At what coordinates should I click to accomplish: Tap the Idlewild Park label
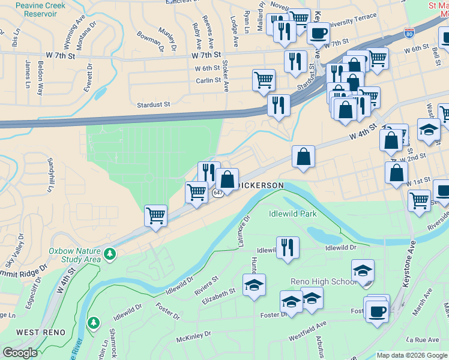[293, 213]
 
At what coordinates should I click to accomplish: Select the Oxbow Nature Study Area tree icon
[110, 254]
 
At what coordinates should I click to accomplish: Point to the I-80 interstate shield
[409, 34]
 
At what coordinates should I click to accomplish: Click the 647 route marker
[218, 193]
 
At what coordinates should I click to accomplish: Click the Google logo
[20, 353]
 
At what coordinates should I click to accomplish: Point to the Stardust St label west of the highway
[154, 104]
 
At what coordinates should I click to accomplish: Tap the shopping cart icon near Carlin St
[264, 80]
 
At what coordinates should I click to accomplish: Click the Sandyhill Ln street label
[50, 175]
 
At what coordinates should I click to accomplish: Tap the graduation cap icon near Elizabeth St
[254, 284]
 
